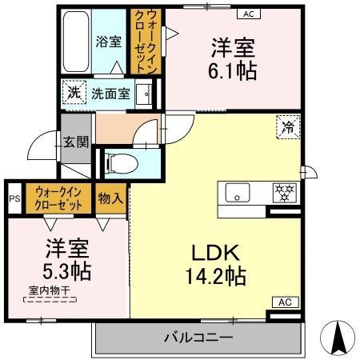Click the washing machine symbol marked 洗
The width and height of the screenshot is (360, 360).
click(x=73, y=93)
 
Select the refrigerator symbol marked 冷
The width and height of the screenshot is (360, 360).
click(x=286, y=126)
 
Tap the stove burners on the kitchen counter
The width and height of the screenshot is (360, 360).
click(x=283, y=191)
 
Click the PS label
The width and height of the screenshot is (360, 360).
click(x=14, y=199)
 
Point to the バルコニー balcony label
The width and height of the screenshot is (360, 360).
click(x=199, y=338)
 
